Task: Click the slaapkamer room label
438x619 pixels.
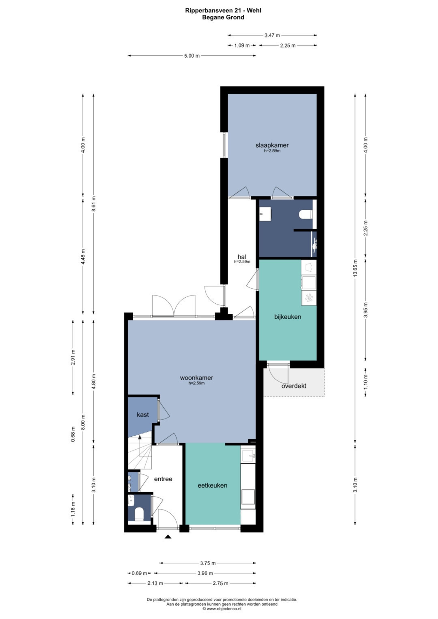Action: pyautogui.click(x=272, y=145)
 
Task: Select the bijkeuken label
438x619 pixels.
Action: pyautogui.click(x=288, y=317)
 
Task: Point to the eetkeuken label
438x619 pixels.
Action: pyautogui.click(x=213, y=485)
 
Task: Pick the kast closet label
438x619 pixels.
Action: pyautogui.click(x=143, y=415)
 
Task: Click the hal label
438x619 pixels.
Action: pyautogui.click(x=242, y=257)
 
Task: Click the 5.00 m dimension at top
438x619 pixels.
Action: pyautogui.click(x=192, y=56)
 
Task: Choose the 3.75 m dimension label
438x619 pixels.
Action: pyautogui.click(x=208, y=563)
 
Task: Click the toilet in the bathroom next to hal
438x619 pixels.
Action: pyautogui.click(x=306, y=215)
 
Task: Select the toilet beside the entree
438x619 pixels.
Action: pyautogui.click(x=139, y=514)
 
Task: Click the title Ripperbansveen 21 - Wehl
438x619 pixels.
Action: pyautogui.click(x=223, y=11)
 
